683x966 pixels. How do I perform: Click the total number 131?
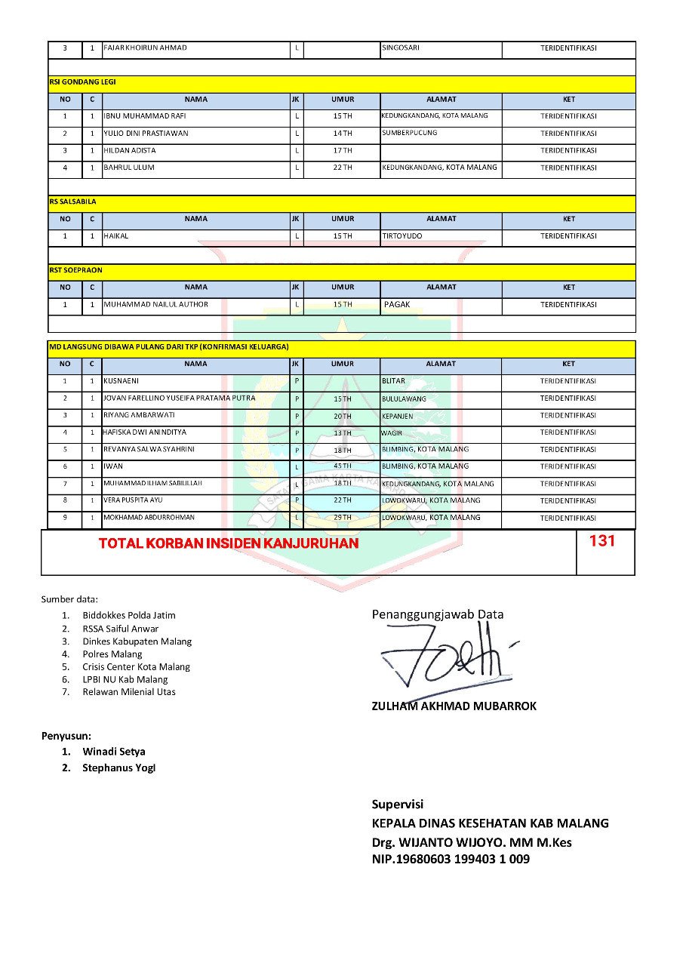coord(602,541)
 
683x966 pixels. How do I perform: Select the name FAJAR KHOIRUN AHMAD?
coord(145,48)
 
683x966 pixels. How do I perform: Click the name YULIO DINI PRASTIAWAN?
coord(146,134)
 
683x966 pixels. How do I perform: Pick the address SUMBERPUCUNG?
coord(409,133)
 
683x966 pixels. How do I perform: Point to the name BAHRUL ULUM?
coord(128,168)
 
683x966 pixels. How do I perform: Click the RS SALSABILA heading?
coord(72,202)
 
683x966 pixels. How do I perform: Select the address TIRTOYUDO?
coord(402,236)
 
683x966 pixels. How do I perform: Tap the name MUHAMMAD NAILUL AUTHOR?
coord(155,305)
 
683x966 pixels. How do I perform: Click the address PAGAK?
coord(397,305)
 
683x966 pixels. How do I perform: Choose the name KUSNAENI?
coord(121,381)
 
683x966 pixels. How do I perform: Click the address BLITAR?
coord(393,381)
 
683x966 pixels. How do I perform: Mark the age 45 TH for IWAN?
coord(343,466)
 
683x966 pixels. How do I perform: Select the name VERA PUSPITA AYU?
coord(133,500)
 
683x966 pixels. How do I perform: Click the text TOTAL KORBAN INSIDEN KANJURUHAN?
coord(229,543)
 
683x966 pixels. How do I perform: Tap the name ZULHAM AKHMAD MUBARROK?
coord(454,706)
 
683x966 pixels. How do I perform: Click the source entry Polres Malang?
coord(112,654)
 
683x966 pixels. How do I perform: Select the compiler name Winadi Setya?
coord(114,752)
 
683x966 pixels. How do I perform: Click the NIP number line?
coord(450,859)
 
